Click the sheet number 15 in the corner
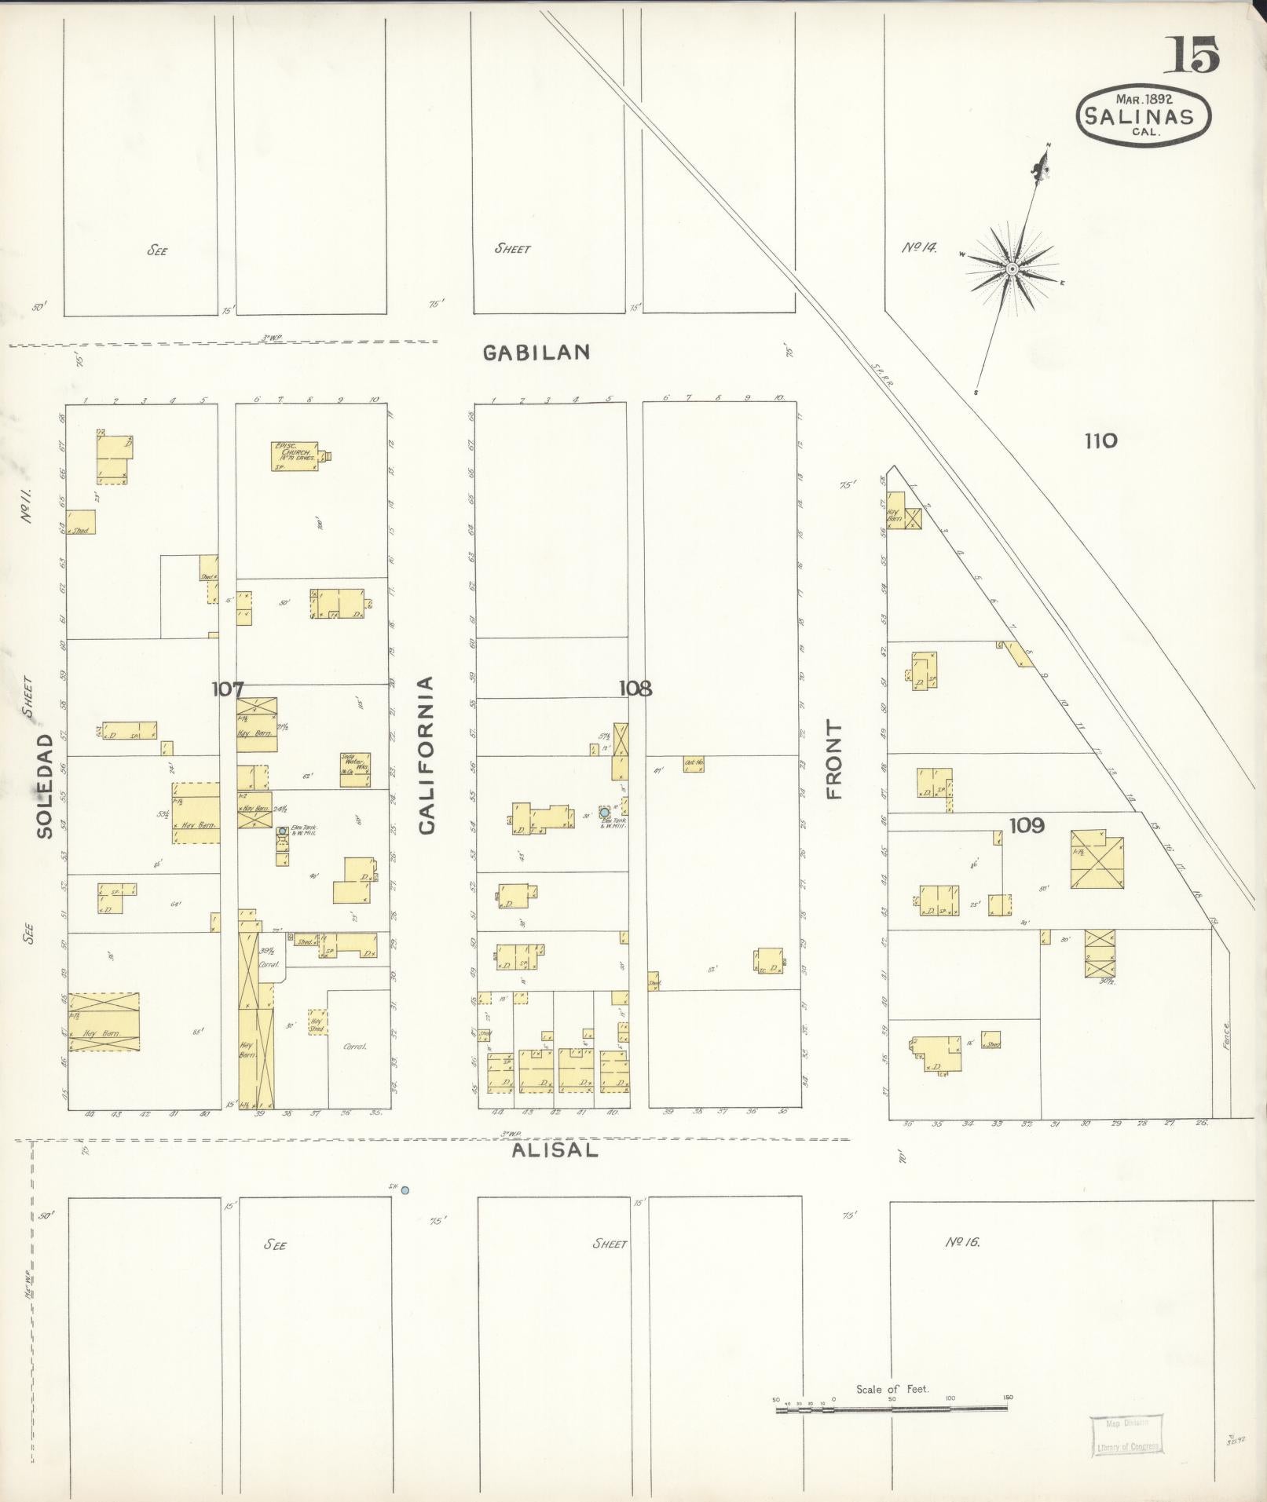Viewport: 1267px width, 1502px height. tap(1196, 56)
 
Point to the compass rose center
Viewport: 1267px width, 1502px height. tap(1012, 269)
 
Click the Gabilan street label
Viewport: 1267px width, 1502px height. tap(536, 353)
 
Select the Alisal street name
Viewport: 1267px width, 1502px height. tap(555, 1151)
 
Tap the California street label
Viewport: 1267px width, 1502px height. tap(427, 755)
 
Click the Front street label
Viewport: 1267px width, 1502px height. tap(833, 760)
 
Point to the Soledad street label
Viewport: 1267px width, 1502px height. tap(45, 786)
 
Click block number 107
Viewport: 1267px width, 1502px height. tap(227, 689)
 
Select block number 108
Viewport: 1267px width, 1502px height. tap(635, 689)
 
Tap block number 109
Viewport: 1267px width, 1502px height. tap(1027, 825)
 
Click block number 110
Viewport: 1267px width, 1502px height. tap(1100, 440)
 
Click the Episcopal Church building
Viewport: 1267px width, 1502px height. tap(295, 456)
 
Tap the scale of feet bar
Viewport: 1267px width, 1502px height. tap(892, 1409)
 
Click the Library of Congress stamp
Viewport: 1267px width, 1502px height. tap(1126, 1434)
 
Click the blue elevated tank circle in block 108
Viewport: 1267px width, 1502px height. tap(604, 812)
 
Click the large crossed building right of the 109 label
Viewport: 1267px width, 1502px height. tap(1097, 859)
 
